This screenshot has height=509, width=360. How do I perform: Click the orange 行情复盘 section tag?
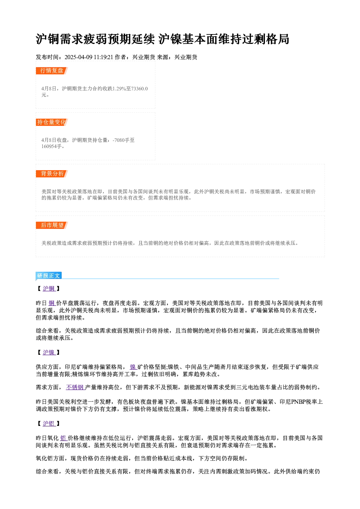[x=52, y=71]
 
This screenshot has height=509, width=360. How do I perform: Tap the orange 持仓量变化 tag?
[x=52, y=122]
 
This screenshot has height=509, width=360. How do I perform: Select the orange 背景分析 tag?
[x=52, y=174]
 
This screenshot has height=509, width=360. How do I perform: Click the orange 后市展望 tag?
[x=52, y=225]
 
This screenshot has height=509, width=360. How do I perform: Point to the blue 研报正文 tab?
[x=49, y=276]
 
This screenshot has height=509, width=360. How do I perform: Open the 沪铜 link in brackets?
[x=49, y=288]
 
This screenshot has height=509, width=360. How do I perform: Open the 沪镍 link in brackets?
[x=49, y=352]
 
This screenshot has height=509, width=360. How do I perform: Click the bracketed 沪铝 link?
[x=49, y=423]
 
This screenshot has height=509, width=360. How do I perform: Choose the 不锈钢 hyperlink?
[x=75, y=387]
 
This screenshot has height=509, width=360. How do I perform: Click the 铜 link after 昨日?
[x=52, y=303]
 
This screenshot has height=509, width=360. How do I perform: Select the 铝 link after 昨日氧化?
[x=64, y=438]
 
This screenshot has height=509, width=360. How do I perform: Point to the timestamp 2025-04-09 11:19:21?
[x=89, y=57]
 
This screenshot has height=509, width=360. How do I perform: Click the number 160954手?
[x=52, y=146]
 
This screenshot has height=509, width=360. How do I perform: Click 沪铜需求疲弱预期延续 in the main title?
[x=95, y=39]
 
